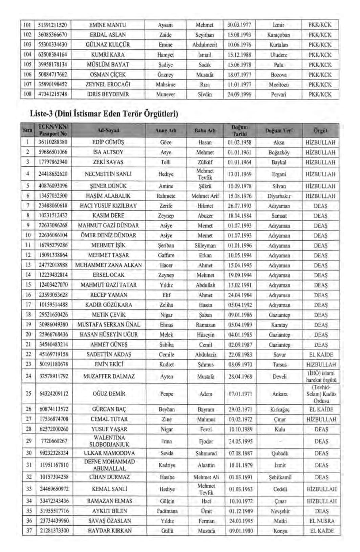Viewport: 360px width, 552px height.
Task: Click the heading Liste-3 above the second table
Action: coord(104,114)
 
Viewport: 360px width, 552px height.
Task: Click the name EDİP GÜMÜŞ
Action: coord(108,142)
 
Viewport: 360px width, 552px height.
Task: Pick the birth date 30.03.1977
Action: coord(239,25)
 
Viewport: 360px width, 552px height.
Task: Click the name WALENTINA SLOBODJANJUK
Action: coord(109,441)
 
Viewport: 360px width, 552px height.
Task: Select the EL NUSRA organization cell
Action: coord(321,521)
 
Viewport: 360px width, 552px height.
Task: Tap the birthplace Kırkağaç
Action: coord(280,409)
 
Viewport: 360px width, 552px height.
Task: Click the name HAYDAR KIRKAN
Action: coord(109,531)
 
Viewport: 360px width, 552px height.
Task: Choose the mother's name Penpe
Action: coord(167,394)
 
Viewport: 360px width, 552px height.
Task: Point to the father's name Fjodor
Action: coord(206,441)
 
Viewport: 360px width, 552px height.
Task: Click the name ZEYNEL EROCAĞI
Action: coord(108,84)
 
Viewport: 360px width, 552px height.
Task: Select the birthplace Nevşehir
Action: coord(280,511)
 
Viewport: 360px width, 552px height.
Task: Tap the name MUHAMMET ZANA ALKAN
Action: coord(108,265)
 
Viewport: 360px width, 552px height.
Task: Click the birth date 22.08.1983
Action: coord(240,355)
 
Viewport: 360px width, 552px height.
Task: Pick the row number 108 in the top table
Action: coord(27,94)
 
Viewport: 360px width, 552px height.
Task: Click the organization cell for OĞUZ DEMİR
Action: coord(321,394)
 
